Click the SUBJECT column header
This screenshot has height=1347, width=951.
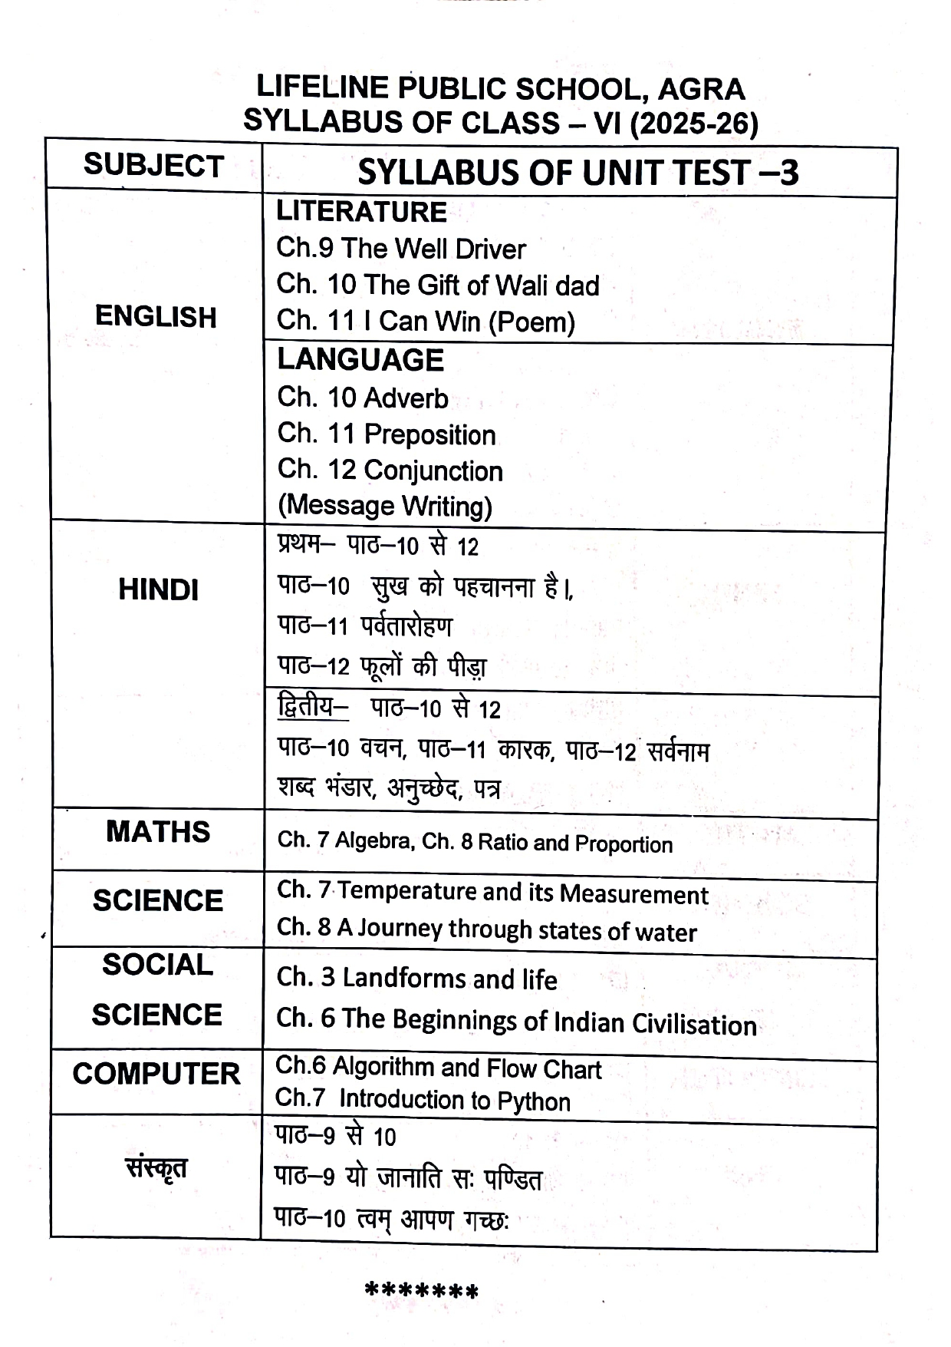(153, 166)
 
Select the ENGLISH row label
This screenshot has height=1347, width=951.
(156, 317)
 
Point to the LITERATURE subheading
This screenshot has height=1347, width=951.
(361, 212)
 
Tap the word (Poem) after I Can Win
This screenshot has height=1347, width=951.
(531, 322)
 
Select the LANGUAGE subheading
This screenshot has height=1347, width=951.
(360, 360)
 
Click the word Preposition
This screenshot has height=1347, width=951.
(429, 434)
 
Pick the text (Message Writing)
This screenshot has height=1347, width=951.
(385, 506)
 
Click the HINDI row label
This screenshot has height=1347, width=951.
(158, 589)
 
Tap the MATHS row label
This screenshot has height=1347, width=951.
(158, 832)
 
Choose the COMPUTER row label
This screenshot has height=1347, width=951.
(156, 1074)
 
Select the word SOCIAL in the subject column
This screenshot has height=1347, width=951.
(157, 965)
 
